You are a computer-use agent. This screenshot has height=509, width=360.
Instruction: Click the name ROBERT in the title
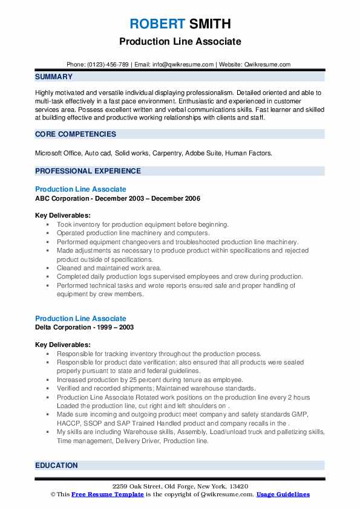(157, 24)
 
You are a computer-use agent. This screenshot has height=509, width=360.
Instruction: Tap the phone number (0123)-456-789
(108, 65)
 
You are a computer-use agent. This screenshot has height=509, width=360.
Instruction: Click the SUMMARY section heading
(54, 77)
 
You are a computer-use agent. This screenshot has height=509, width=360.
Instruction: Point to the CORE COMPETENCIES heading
(76, 134)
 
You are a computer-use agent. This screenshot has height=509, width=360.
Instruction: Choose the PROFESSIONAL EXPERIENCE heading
(88, 171)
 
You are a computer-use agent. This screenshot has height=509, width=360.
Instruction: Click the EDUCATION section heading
(56, 465)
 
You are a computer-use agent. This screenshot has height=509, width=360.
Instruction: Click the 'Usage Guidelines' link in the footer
(283, 494)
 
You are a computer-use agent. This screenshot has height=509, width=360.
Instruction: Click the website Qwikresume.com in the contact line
(267, 65)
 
